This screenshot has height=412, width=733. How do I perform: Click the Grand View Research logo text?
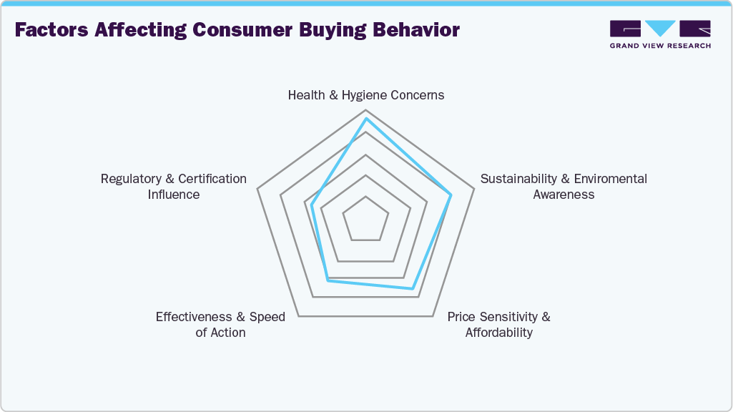[x=660, y=46]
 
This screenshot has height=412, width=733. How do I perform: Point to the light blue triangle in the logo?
[x=661, y=28]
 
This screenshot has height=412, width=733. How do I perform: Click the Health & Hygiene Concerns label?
[x=365, y=95]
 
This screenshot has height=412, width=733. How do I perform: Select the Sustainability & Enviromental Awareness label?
[x=564, y=186]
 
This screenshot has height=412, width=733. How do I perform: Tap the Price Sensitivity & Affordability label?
[x=498, y=324]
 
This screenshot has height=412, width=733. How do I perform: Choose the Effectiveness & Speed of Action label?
[x=220, y=324]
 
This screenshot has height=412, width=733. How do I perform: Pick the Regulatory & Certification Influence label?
[x=174, y=186]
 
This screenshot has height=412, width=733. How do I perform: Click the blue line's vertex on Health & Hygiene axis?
[x=366, y=119]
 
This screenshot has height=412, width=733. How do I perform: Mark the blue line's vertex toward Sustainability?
[x=451, y=195]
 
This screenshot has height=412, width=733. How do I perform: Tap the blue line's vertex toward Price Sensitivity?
[x=412, y=288]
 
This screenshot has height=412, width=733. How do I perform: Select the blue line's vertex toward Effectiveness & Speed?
[x=328, y=280]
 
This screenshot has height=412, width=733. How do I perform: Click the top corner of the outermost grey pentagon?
[x=366, y=109]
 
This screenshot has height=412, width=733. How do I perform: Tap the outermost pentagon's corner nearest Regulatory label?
[x=257, y=190]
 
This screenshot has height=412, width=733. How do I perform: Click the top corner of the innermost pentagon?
[x=366, y=196]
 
